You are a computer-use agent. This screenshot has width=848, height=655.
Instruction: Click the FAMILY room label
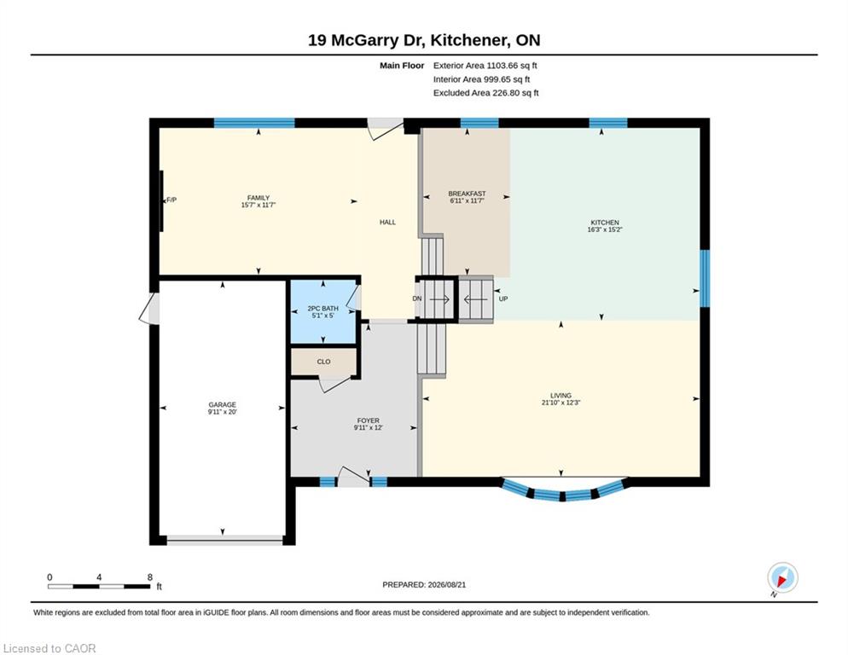(x=258, y=198)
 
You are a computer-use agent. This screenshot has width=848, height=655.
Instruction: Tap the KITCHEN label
(x=605, y=223)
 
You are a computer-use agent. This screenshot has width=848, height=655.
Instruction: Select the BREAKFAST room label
(x=467, y=194)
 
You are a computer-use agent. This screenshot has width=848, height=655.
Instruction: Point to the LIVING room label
(x=560, y=396)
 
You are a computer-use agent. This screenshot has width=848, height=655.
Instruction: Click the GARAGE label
(x=223, y=404)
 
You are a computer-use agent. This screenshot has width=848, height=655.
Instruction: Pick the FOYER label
(x=368, y=420)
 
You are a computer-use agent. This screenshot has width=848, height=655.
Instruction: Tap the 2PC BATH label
(x=322, y=308)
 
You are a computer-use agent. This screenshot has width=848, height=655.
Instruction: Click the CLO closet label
(x=323, y=362)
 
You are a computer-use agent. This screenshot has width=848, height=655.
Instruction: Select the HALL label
(x=387, y=222)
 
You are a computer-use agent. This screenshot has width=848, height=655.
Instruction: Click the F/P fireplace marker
(x=171, y=200)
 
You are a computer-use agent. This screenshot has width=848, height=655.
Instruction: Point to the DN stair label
(x=417, y=299)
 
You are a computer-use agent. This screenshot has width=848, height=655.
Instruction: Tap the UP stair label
(x=503, y=299)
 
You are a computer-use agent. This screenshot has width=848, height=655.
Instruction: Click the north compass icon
(x=782, y=577)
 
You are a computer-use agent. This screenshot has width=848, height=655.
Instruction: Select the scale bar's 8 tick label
(x=150, y=577)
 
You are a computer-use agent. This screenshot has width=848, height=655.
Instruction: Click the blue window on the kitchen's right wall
(x=705, y=278)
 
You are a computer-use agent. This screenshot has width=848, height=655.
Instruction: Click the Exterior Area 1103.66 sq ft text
(x=485, y=66)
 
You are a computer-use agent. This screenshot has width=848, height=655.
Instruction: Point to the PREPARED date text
(x=424, y=585)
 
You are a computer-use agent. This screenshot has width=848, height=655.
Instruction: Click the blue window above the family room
(x=254, y=123)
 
